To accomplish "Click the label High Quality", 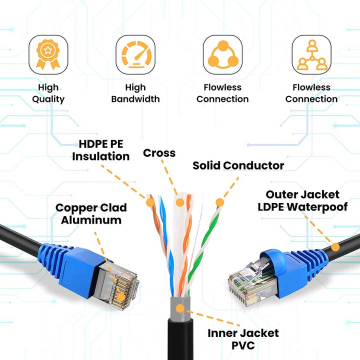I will [48, 93].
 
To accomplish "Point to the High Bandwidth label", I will [135, 93].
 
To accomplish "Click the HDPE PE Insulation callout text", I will [101, 150].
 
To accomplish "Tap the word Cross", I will [159, 153].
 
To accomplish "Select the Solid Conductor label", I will [238, 165].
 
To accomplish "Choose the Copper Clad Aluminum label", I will [91, 213].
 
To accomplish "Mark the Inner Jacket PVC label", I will [243, 339].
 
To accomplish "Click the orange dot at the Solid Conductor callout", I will [219, 202].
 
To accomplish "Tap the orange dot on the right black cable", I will [335, 246].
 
